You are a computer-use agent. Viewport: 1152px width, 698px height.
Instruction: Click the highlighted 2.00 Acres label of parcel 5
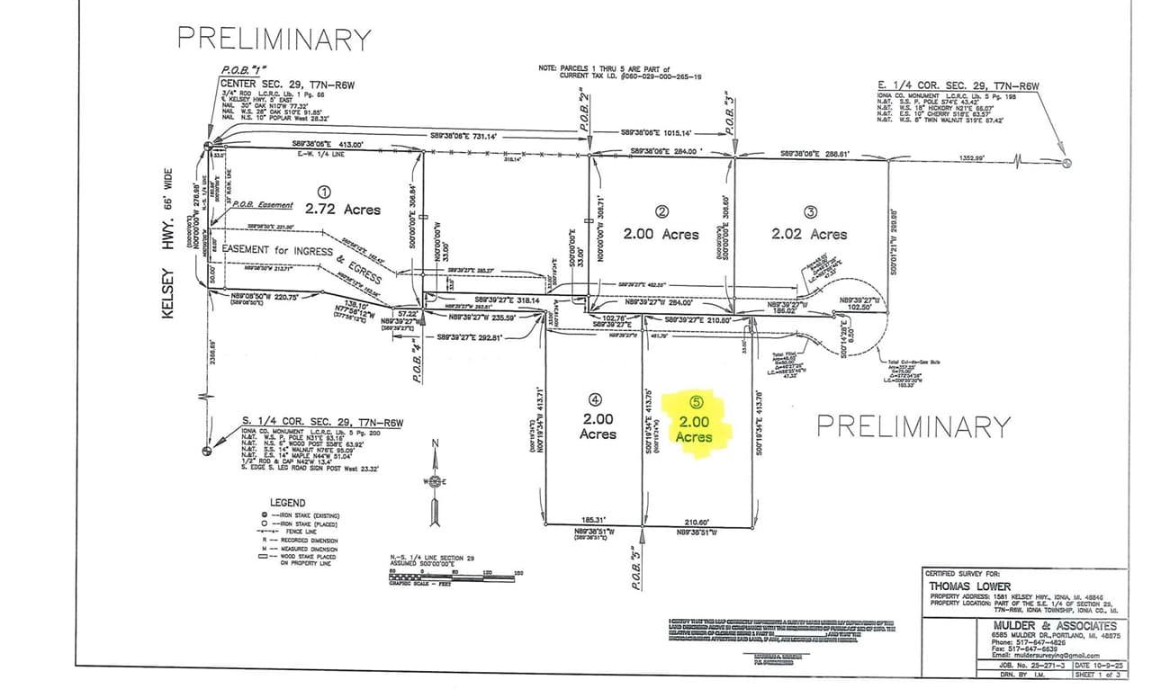[x=693, y=429]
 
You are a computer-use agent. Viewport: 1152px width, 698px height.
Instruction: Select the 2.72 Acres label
[x=342, y=210]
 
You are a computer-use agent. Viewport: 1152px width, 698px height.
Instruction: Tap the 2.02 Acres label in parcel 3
[x=809, y=234]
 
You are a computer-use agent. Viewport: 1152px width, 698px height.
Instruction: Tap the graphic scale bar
[x=454, y=575]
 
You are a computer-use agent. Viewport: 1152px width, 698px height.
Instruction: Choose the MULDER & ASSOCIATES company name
[x=1056, y=625]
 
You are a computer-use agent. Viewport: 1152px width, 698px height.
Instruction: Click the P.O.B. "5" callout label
[x=635, y=568]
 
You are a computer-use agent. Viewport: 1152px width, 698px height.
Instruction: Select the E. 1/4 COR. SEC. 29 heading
[x=958, y=86]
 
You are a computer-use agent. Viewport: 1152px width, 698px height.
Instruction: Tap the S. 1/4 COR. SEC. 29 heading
[x=323, y=420]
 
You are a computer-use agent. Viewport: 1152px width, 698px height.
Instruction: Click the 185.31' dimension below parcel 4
[x=590, y=520]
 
